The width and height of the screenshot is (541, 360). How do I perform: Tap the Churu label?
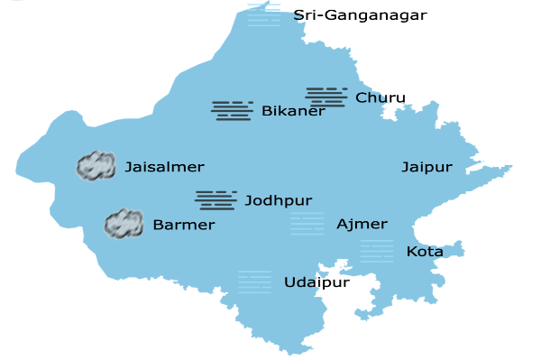coord(381,97)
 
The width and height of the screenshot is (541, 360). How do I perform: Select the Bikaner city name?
coord(293,112)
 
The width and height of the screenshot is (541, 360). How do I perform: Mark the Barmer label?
coord(184,225)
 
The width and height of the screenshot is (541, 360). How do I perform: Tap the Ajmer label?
coord(362,224)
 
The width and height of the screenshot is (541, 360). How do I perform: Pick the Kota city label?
coord(425,252)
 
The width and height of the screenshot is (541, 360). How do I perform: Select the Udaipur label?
coord(316,282)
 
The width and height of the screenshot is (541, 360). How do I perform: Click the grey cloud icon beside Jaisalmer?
coord(96,165)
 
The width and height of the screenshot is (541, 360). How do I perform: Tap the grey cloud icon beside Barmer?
coord(124,223)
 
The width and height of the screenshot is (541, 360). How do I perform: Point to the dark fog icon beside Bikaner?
coord(232,110)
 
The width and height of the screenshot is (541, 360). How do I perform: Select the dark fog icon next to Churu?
coord(326,97)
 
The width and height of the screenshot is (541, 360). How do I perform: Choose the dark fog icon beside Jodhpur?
coord(215,199)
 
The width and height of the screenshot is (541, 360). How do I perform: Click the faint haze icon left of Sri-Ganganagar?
coord(263,14)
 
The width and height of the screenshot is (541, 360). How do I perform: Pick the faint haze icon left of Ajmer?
coord(307,224)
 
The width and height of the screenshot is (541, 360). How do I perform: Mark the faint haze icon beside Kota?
coord(377,251)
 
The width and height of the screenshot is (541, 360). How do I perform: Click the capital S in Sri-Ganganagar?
coord(298,15)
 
